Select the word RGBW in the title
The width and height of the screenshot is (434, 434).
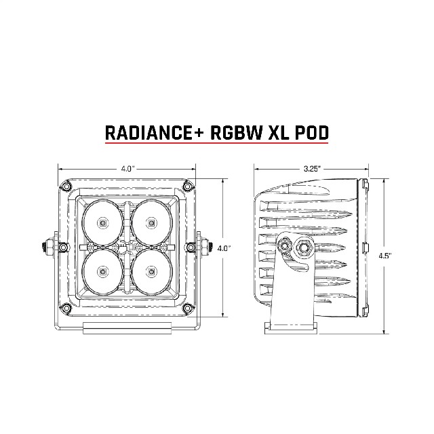click(x=236, y=133)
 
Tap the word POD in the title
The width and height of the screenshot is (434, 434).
click(x=312, y=133)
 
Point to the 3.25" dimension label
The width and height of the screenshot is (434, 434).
click(x=312, y=169)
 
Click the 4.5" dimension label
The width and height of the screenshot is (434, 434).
click(x=384, y=256)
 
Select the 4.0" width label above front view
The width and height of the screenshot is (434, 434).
click(x=127, y=169)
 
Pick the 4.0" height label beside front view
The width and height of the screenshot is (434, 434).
click(x=224, y=248)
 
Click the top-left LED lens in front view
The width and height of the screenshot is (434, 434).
click(x=103, y=222)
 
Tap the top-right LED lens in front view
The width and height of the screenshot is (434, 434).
click(x=151, y=222)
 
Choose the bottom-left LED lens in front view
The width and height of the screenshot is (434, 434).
click(x=103, y=273)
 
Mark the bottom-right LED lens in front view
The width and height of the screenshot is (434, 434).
click(x=151, y=273)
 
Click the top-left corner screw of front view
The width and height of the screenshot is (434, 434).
click(x=66, y=186)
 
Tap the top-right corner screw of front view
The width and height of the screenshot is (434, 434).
click(x=188, y=186)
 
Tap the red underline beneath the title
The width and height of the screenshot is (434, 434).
click(x=217, y=143)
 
